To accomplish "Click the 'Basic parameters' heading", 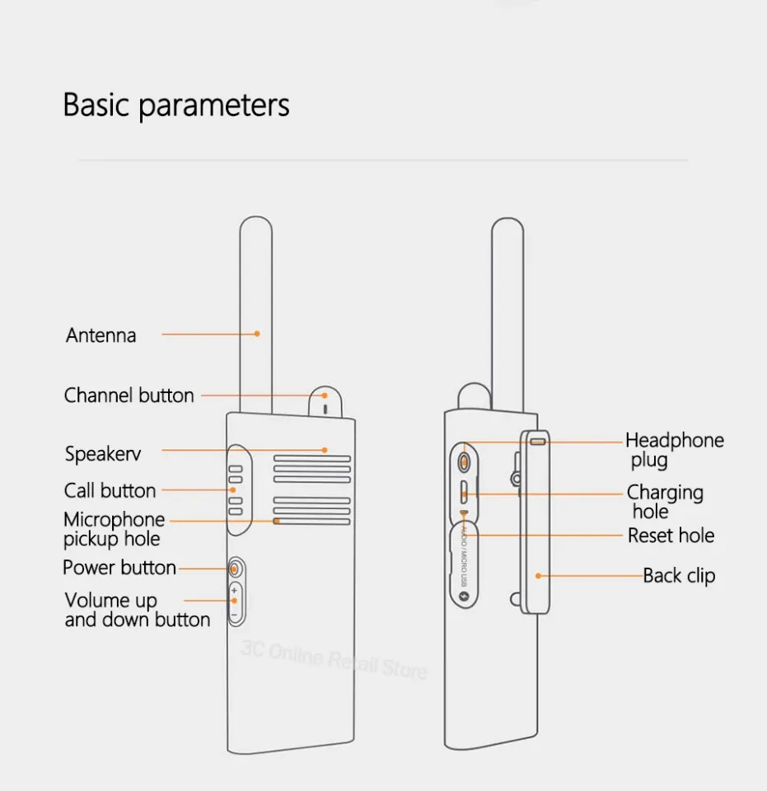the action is tap(176, 105).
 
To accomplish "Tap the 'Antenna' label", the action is tap(101, 335).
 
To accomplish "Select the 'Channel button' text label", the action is tap(129, 395).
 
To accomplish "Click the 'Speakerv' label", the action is tap(103, 454).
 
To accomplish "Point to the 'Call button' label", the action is tap(110, 490).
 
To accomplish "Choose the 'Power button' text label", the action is tap(119, 568).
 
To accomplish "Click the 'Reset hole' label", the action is tap(671, 536).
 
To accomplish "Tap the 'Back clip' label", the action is tap(679, 576).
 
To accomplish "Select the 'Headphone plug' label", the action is tap(675, 450).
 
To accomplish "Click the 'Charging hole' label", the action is tap(665, 502).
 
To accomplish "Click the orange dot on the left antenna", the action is tap(257, 334).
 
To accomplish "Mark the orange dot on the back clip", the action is tap(539, 576).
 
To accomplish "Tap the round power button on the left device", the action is tap(235, 569).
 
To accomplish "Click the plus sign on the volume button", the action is tap(234, 591).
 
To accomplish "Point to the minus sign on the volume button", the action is tap(234, 615).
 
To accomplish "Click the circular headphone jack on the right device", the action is tap(464, 461).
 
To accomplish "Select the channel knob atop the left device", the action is tap(325, 402).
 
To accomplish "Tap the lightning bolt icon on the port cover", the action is tap(464, 597).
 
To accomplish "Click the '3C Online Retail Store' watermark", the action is tap(334, 659).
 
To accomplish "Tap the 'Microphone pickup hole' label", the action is tap(114, 529).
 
